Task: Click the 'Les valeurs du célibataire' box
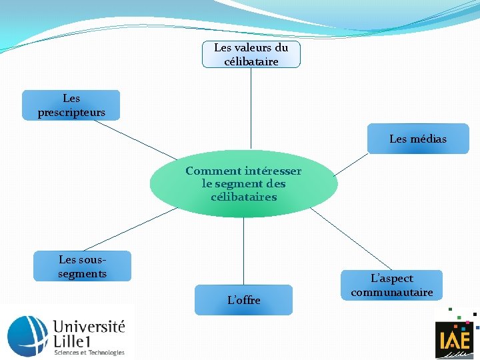[251, 54]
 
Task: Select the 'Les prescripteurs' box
[71, 105]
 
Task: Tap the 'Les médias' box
[418, 139]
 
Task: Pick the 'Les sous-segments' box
[83, 266]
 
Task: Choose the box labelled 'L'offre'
[243, 300]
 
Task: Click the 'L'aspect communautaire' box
[392, 285]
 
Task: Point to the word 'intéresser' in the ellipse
[273, 171]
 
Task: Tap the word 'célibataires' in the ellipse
[243, 197]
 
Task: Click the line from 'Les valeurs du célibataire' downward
[251, 107]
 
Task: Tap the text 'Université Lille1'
[89, 334]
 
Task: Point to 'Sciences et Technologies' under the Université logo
[89, 352]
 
